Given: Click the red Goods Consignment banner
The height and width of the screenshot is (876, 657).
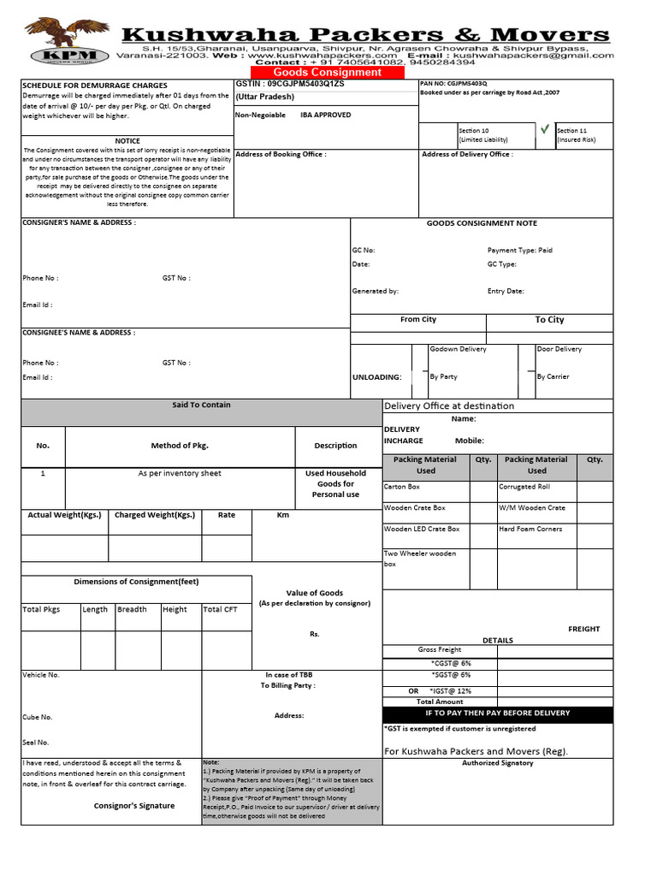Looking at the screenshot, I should tap(327, 73).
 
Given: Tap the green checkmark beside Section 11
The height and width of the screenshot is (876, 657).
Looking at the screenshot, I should tap(544, 129).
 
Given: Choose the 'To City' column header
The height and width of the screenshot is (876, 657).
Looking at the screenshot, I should tap(549, 320).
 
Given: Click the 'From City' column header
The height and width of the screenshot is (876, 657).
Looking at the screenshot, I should tap(418, 319).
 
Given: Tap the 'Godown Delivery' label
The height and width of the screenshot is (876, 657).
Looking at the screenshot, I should tap(458, 349).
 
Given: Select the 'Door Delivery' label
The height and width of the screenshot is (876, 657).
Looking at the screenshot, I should tap(559, 349).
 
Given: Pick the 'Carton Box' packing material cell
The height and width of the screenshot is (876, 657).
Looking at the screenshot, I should tap(402, 487).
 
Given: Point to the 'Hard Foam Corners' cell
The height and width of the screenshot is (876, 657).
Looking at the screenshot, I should tap(530, 529).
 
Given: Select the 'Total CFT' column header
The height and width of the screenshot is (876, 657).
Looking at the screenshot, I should tap(221, 610).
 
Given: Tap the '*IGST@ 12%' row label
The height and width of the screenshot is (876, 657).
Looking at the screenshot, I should tap(451, 690).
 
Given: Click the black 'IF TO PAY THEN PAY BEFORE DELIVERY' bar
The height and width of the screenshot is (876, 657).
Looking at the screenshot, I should tap(497, 713).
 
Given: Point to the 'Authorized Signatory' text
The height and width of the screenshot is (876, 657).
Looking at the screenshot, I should tap(497, 763).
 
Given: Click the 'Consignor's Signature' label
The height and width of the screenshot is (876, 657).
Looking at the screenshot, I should tap(134, 806).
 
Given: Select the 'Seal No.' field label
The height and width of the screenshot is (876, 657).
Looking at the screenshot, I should tap(36, 743).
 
